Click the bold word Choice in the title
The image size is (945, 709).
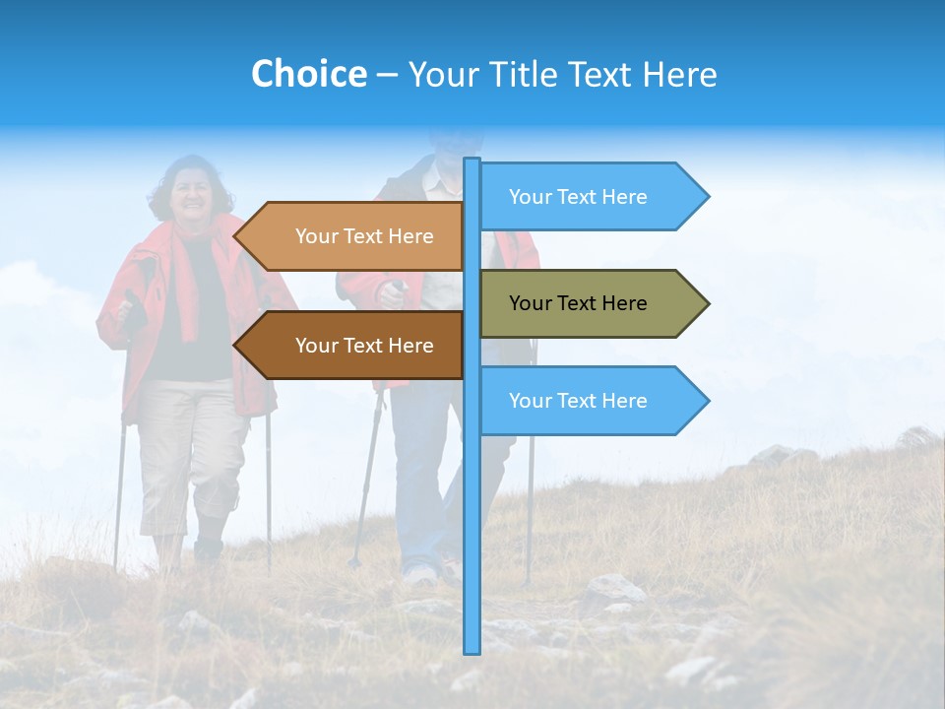308,74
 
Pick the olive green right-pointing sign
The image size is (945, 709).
581,303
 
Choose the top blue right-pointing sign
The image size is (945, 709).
581,197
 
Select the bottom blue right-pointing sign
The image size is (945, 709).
581,401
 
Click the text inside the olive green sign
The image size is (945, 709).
578,303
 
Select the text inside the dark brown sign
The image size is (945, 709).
364,346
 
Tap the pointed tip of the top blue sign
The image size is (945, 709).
706,197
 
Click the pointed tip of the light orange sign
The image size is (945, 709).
236,236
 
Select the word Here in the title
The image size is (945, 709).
679,74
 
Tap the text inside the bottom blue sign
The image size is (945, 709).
578,401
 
